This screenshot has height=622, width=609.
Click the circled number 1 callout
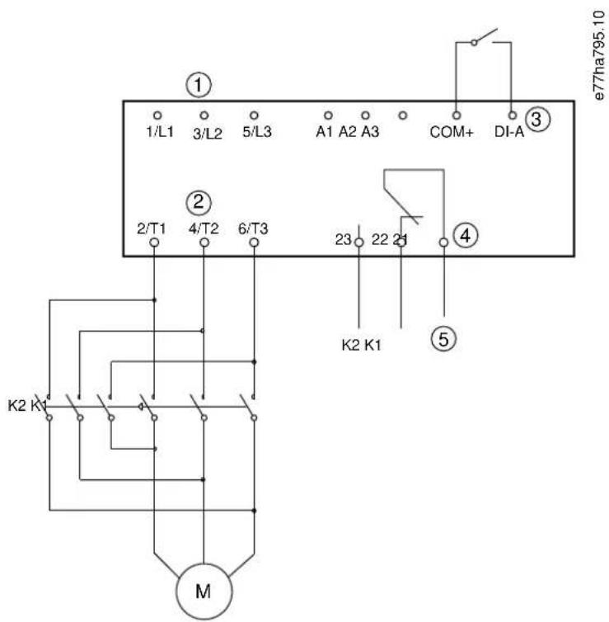[199, 85]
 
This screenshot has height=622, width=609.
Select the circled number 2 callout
[199, 202]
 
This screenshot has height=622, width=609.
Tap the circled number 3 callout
[537, 120]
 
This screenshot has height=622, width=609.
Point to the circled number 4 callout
[466, 236]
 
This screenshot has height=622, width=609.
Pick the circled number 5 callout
[443, 340]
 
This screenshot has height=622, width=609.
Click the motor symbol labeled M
[204, 591]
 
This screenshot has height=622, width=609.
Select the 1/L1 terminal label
[160, 131]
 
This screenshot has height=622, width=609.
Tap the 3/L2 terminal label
[207, 134]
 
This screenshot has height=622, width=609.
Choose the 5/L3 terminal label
[257, 132]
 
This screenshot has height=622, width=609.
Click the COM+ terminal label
[452, 132]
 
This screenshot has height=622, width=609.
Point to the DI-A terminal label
[509, 132]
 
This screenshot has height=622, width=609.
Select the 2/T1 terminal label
[152, 229]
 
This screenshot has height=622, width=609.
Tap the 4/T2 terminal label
[204, 229]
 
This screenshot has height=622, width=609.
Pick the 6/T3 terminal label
[253, 229]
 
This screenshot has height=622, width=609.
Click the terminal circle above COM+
[457, 115]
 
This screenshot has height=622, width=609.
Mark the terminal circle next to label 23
[358, 242]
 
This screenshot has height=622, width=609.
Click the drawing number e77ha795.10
[600, 55]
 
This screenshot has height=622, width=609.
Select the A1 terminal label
[325, 132]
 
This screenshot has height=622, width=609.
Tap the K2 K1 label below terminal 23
[361, 345]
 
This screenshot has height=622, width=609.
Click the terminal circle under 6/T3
[254, 242]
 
